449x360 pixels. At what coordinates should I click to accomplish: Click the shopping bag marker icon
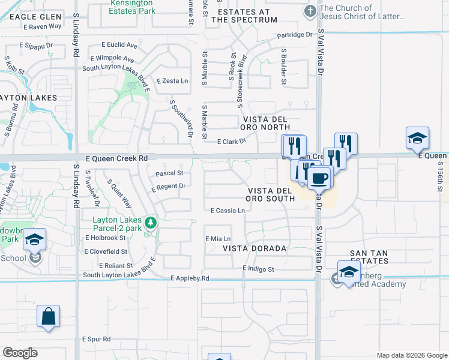pyautogui.click(x=48, y=316)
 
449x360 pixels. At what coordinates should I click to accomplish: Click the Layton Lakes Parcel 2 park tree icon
pyautogui.click(x=151, y=224)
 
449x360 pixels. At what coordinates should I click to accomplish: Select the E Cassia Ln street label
pyautogui.click(x=228, y=211)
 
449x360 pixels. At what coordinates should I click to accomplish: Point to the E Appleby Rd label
pyautogui.click(x=190, y=278)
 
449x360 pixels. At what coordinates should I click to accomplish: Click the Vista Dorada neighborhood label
pyautogui.click(x=255, y=248)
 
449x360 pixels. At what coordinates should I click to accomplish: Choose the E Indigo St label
pyautogui.click(x=258, y=269)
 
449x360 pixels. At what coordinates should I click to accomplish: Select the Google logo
pyautogui.click(x=20, y=353)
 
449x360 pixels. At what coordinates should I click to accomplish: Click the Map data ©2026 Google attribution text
pyautogui.click(x=412, y=355)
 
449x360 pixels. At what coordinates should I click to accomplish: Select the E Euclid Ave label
pyautogui.click(x=119, y=45)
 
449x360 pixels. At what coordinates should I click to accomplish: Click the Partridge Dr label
pyautogui.click(x=295, y=35)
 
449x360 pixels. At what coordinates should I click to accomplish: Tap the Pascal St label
pyautogui.click(x=169, y=173)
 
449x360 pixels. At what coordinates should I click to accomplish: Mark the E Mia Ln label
pyautogui.click(x=218, y=238)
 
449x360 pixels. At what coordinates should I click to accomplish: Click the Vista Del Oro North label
pyautogui.click(x=265, y=123)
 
